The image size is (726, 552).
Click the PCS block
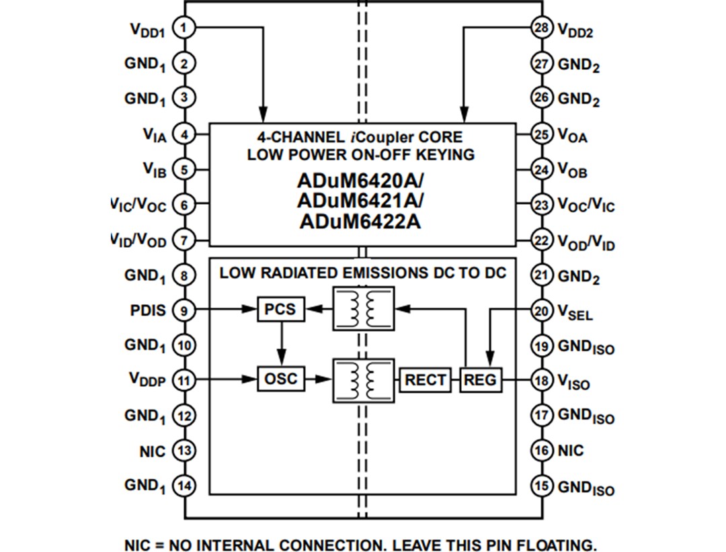click(x=280, y=310)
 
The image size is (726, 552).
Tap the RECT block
click(x=425, y=380)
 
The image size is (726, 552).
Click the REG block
click(x=481, y=380)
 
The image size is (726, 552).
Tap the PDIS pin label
click(x=147, y=311)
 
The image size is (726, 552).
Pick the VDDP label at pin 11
click(x=147, y=380)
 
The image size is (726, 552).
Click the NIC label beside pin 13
click(x=152, y=451)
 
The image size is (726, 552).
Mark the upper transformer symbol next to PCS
click(x=364, y=309)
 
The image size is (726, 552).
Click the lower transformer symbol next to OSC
click(x=364, y=380)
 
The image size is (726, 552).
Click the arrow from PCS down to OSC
click(x=282, y=344)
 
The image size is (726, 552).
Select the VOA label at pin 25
click(x=572, y=135)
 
